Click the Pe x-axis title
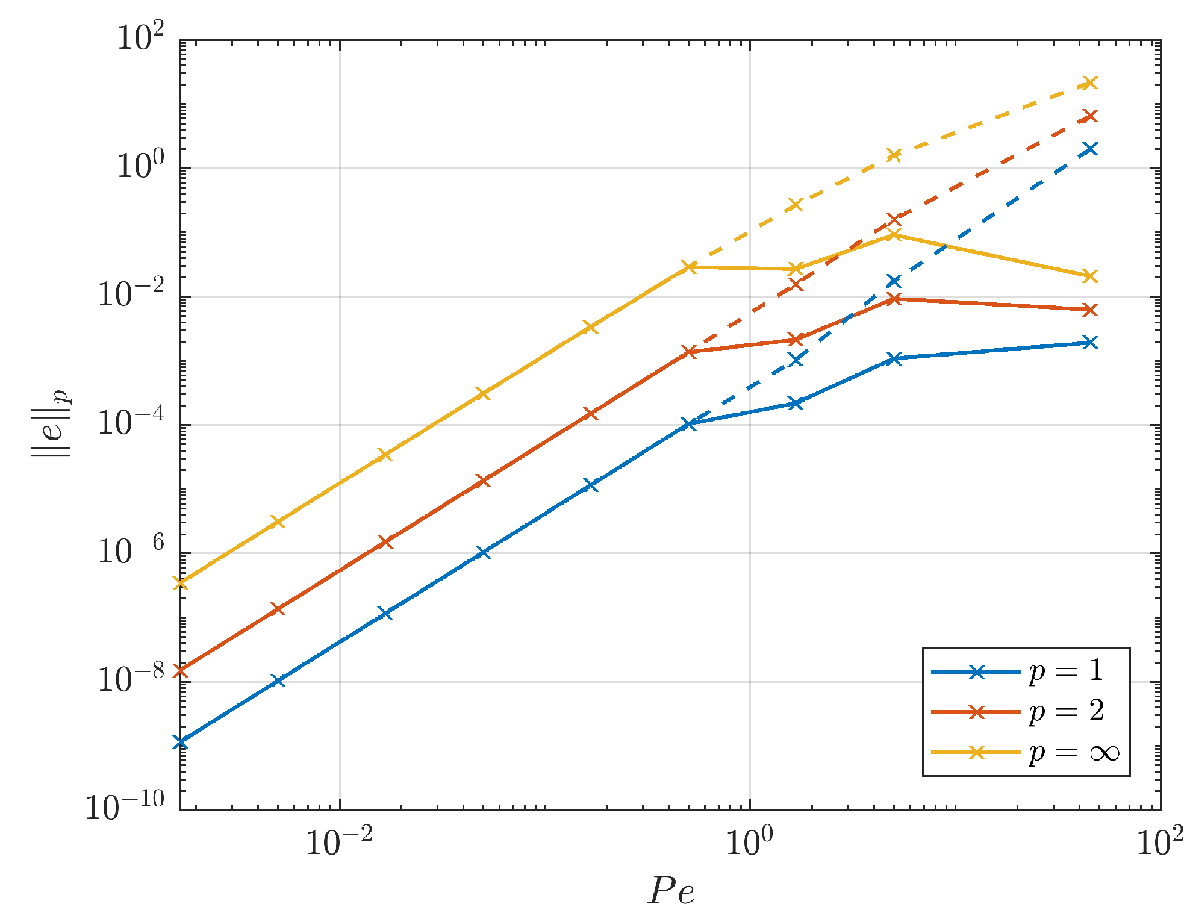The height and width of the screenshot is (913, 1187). (x=671, y=890)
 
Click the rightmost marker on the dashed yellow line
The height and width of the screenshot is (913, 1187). (x=1090, y=83)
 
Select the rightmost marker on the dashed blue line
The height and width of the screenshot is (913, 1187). (x=1090, y=149)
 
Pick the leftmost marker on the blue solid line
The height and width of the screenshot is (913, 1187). (x=180, y=743)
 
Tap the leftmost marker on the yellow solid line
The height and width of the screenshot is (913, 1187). (x=180, y=583)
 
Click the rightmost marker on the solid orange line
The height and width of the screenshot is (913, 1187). (x=1090, y=310)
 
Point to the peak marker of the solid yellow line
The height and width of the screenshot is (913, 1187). (x=894, y=235)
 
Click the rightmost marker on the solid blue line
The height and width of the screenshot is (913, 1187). (x=1090, y=343)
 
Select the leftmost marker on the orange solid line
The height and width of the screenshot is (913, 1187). (x=180, y=670)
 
